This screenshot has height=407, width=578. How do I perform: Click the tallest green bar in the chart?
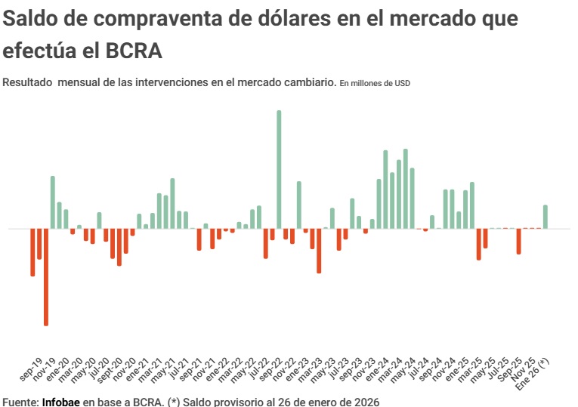pyautogui.click(x=279, y=169)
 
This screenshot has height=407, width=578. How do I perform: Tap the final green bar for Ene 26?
pyautogui.click(x=545, y=217)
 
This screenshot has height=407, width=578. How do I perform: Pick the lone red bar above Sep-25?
pyautogui.click(x=518, y=241)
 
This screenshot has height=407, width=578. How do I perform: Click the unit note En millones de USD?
pyautogui.click(x=375, y=83)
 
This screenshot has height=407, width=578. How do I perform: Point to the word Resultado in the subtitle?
pyautogui.click(x=27, y=82)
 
